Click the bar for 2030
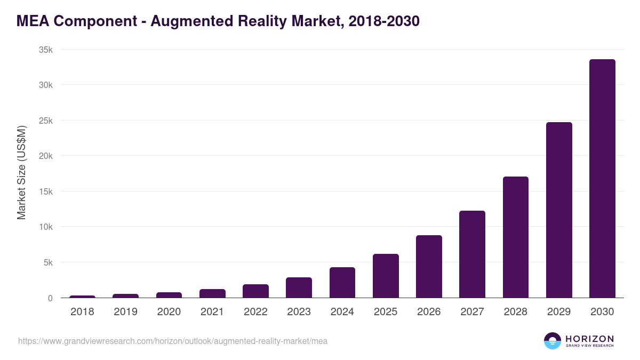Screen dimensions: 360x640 (602, 179)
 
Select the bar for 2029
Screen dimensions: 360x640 (559, 210)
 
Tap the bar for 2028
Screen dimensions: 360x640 (516, 237)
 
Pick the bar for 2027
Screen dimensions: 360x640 (472, 254)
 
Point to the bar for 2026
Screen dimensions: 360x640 (429, 267)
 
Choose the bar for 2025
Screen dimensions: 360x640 (386, 276)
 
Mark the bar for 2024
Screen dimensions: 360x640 (342, 283)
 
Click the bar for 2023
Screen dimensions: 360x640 (299, 287)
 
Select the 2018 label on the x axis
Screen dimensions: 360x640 (82, 312)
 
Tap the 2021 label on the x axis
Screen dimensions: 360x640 (212, 312)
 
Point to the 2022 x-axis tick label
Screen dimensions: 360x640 (255, 312)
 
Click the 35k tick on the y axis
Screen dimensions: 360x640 (46, 50)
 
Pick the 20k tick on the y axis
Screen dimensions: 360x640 (46, 156)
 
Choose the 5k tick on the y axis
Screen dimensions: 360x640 (47, 262)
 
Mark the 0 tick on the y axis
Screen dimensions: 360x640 (50, 298)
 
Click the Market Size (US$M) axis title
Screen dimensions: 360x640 (21, 173)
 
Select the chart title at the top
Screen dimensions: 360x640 (218, 21)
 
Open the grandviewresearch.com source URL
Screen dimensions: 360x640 (173, 341)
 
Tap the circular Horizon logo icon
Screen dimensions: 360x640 (553, 341)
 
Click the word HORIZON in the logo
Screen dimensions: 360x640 (589, 339)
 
